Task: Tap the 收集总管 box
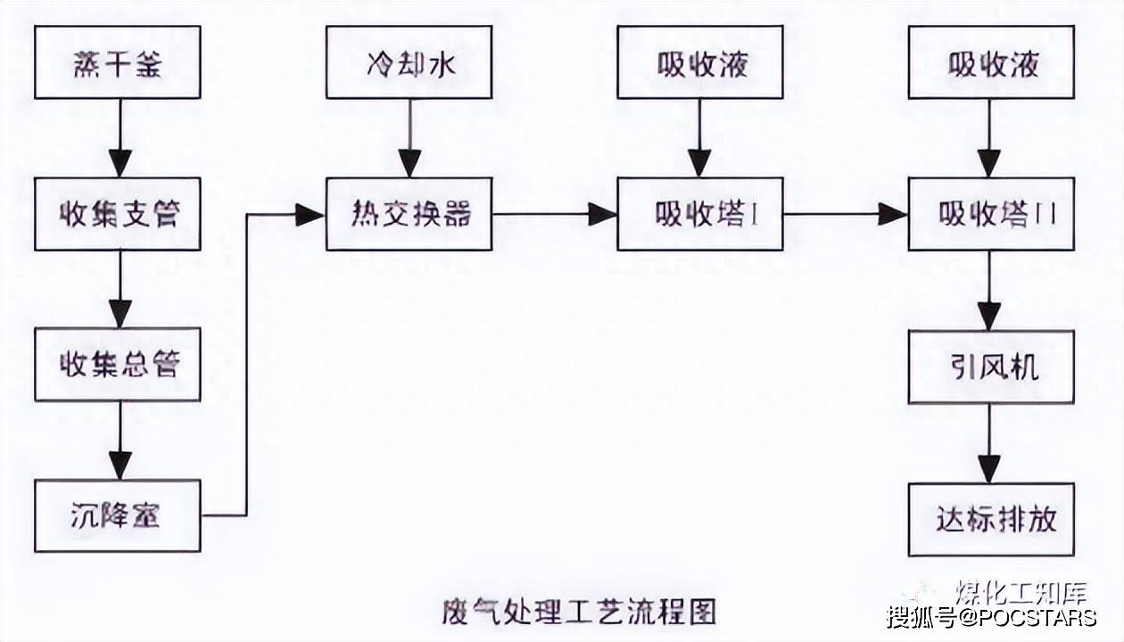pyautogui.click(x=117, y=365)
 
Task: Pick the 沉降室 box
pyautogui.click(x=117, y=514)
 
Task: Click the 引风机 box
pyautogui.click(x=991, y=366)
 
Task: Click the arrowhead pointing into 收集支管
pyautogui.click(x=120, y=163)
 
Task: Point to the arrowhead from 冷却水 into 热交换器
pyautogui.click(x=409, y=163)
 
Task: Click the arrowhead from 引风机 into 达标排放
pyautogui.click(x=989, y=467)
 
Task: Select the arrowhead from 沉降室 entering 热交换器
pyautogui.click(x=310, y=214)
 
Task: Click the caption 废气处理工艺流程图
pyautogui.click(x=579, y=612)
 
